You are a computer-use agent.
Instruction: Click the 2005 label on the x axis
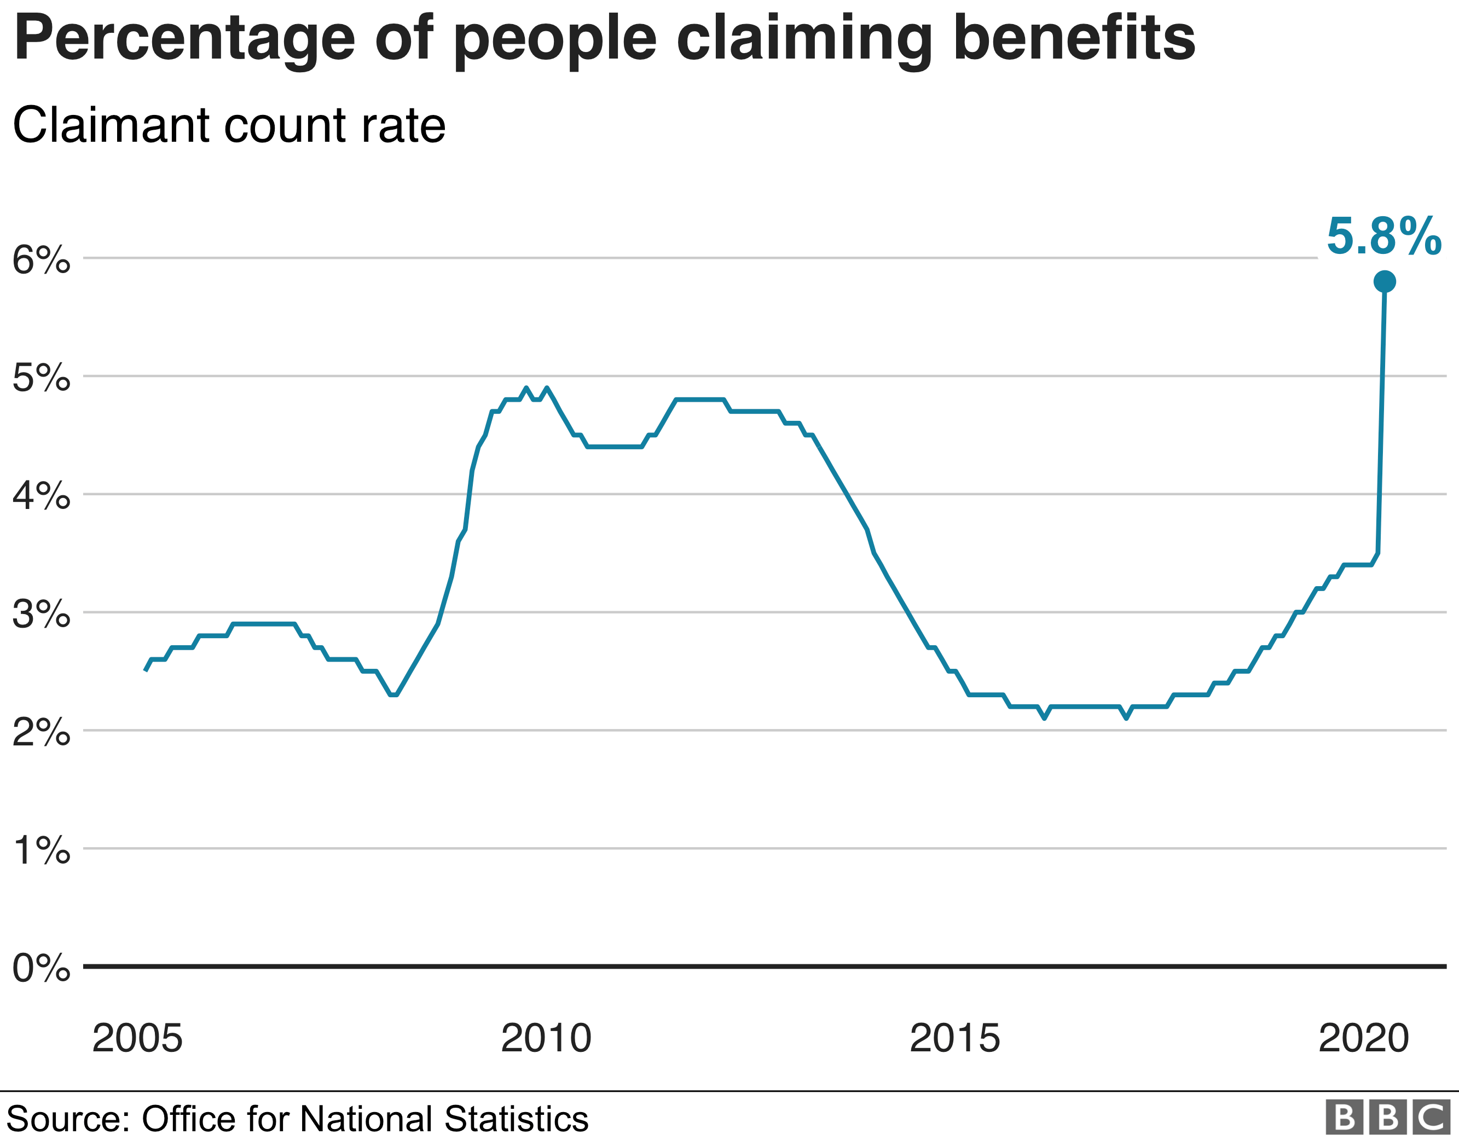[x=137, y=1038]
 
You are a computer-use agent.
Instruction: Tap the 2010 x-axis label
[x=546, y=1038]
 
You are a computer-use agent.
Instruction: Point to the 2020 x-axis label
[x=1363, y=1038]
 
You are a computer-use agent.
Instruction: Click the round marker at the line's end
[x=1384, y=281]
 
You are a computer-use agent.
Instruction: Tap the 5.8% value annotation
[x=1383, y=236]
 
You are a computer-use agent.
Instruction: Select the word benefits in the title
[x=1074, y=38]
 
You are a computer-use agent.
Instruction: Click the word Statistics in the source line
[x=516, y=1119]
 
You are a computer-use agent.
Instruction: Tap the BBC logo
[x=1387, y=1117]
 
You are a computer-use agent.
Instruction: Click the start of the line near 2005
[x=146, y=669]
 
